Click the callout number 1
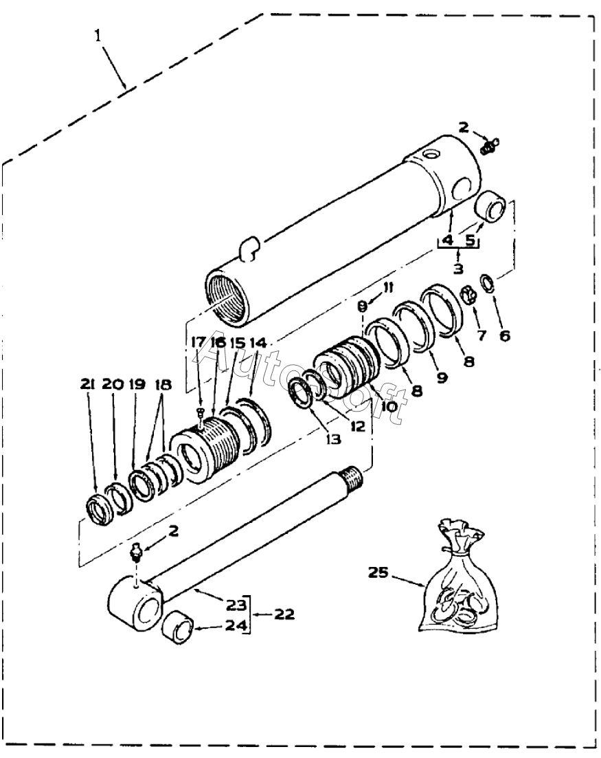pos(98,36)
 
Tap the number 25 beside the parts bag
pos(378,572)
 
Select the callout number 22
pos(284,615)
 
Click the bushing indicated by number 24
pos(179,628)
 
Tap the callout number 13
pos(334,439)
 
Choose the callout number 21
pos(88,384)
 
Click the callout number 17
pos(198,342)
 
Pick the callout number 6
pos(505,335)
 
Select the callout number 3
pos(458,268)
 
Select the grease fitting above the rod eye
pos(136,552)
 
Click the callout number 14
pos(258,343)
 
